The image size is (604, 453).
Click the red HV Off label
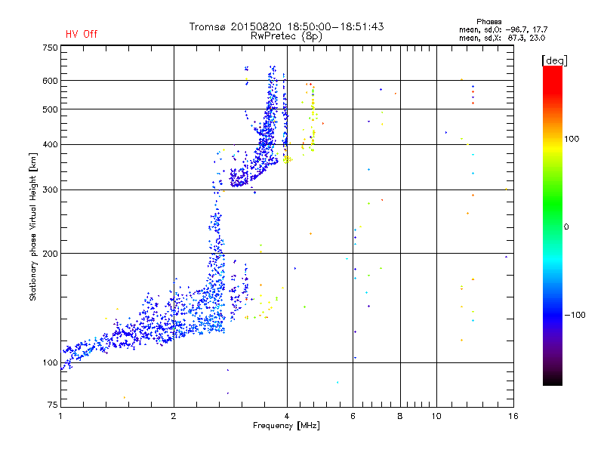pyautogui.click(x=81, y=34)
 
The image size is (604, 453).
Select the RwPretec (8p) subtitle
pyautogui.click(x=286, y=35)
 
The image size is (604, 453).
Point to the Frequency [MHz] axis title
pyautogui.click(x=286, y=427)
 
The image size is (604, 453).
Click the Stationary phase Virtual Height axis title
pyautogui.click(x=33, y=226)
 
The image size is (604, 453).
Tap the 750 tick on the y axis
pyautogui.click(x=51, y=48)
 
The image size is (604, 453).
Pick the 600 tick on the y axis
pyautogui.click(x=51, y=80)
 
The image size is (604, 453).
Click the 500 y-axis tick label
pyautogui.click(x=51, y=109)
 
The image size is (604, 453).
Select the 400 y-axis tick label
pyautogui.click(x=51, y=144)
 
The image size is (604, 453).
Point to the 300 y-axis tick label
pyautogui.click(x=51, y=190)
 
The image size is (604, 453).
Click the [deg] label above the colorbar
pyautogui.click(x=554, y=60)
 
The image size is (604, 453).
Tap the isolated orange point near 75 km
pyautogui.click(x=125, y=397)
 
